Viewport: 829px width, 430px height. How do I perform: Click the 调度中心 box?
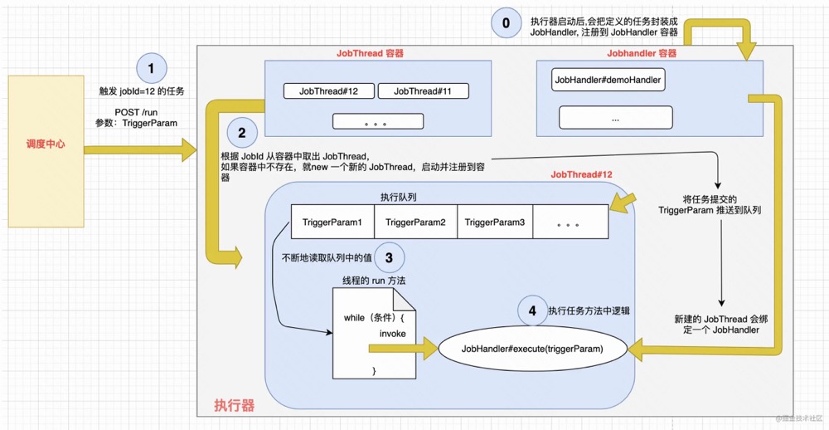[46, 144]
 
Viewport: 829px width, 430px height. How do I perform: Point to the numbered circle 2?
[241, 131]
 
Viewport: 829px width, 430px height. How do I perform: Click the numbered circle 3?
[389, 258]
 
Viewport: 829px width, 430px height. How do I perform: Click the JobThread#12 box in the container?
[328, 91]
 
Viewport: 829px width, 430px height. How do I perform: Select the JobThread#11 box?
[423, 91]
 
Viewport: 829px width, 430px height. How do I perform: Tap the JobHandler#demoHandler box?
[608, 80]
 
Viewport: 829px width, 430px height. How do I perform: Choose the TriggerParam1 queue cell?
[332, 222]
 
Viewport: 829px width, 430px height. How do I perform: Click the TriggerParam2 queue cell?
[415, 222]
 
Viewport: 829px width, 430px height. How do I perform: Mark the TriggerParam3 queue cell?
[495, 222]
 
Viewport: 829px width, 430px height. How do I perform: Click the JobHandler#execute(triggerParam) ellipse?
[532, 349]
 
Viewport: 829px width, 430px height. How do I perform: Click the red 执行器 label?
[234, 405]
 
